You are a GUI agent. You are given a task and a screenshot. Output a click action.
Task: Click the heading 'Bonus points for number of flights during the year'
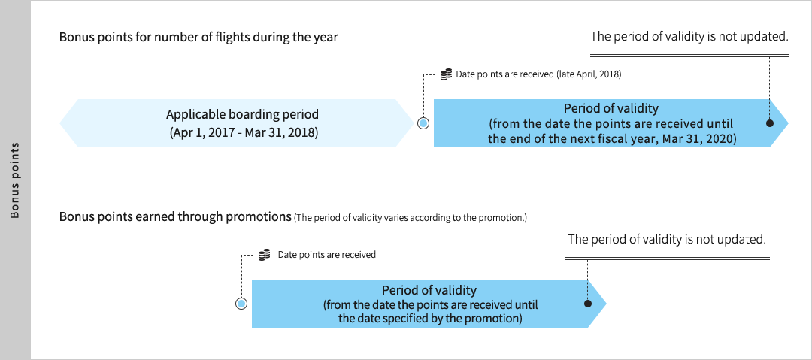198,38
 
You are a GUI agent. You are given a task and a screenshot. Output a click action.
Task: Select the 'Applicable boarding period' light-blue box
242,123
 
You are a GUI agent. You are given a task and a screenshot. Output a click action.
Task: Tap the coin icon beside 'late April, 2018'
446,74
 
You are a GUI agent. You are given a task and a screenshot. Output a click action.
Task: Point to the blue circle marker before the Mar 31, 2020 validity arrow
423,123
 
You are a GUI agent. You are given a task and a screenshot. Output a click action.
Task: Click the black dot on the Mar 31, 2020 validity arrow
770,123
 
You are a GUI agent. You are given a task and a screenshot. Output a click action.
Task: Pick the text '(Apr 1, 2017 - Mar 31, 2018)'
242,132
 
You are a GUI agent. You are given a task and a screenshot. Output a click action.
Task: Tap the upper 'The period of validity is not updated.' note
689,36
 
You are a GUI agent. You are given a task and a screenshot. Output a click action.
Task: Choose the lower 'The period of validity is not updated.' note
666,239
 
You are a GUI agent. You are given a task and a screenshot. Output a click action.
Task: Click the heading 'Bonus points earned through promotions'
175,216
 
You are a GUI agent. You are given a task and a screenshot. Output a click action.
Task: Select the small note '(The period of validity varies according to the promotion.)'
411,218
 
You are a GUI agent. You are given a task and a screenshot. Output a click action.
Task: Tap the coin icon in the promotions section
264,254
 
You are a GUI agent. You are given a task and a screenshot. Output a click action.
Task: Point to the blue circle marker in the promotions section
241,304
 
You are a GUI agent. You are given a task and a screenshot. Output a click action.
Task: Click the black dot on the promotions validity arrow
588,304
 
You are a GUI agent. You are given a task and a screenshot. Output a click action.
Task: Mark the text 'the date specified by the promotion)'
430,318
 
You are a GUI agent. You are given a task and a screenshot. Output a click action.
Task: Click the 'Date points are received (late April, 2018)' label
538,74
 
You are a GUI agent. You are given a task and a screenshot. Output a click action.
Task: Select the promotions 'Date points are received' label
327,254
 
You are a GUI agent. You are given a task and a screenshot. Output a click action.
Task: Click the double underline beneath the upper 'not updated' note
689,56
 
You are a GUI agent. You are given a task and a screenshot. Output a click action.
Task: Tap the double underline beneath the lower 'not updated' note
668,259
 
